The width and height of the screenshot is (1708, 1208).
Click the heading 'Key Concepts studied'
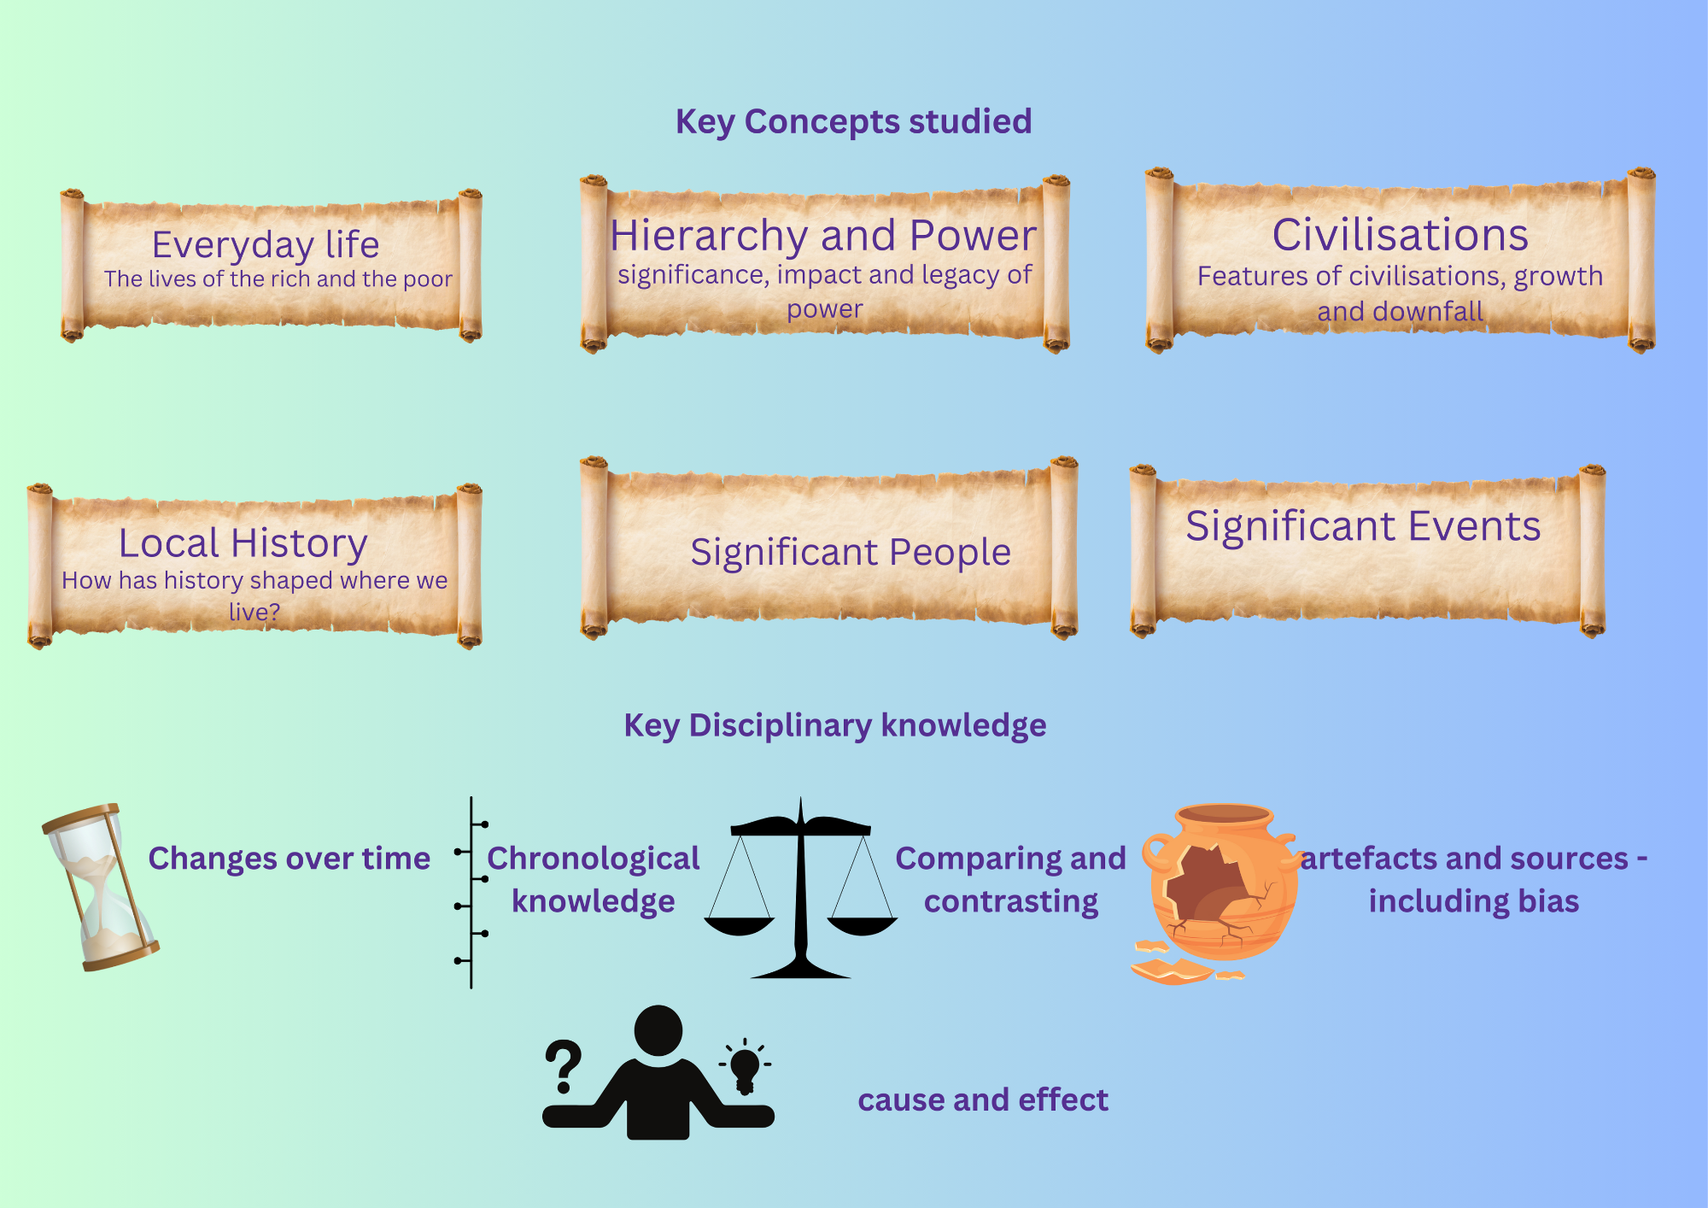coord(853,121)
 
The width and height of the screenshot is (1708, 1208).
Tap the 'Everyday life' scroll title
coord(266,244)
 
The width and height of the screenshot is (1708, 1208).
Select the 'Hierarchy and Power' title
coord(823,235)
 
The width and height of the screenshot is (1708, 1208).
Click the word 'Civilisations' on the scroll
coord(1400,235)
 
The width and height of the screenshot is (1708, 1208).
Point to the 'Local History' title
coord(243,542)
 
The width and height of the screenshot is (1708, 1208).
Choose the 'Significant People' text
coord(851,552)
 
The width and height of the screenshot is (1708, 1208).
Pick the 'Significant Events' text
coord(1363,525)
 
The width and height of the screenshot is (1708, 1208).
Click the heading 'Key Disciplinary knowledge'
coord(834,725)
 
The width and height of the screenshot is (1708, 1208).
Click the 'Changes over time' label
coord(289,859)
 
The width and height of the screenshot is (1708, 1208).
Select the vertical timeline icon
coord(471,893)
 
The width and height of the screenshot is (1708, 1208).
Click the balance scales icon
coord(800,888)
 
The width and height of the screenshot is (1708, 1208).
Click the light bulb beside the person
coord(745,1066)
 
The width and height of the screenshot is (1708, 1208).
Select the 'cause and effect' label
coord(982,1100)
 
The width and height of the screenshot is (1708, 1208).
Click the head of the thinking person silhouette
coord(658,1030)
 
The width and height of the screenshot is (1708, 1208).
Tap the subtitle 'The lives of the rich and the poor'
coord(278,279)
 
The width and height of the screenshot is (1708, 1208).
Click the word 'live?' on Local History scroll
coord(254,612)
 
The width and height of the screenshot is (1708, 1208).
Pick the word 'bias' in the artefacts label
coord(1548,901)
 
